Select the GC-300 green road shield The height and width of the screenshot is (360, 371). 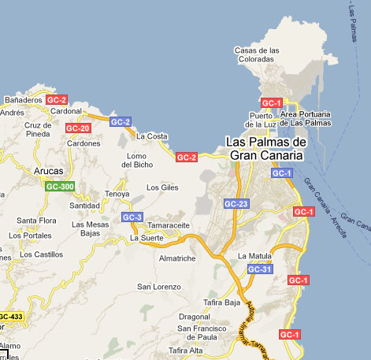tap(60, 187)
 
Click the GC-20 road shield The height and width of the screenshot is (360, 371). tap(78, 128)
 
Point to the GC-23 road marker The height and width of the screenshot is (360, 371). tap(236, 204)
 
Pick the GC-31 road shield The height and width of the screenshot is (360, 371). tap(259, 269)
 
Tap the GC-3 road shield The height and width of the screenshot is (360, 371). tap(132, 217)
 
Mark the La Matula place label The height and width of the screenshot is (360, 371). tap(254, 256)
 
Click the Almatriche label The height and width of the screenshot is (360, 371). tap(176, 258)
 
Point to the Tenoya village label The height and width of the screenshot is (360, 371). tap(117, 193)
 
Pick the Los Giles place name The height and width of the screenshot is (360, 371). tap(163, 187)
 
